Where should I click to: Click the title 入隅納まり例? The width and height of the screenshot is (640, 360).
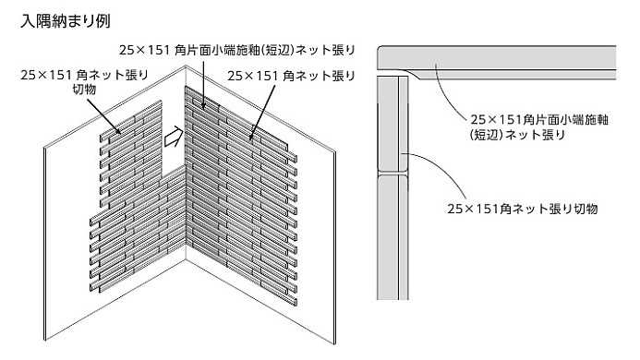[66, 21]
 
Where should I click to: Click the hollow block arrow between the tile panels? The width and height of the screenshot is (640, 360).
[174, 137]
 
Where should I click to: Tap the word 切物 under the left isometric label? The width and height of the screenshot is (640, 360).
[84, 89]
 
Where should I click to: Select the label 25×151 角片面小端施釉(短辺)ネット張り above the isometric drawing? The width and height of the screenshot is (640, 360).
[237, 50]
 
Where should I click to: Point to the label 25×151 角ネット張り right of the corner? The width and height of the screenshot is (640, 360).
[291, 76]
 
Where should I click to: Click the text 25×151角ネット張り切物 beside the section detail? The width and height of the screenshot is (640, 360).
[523, 209]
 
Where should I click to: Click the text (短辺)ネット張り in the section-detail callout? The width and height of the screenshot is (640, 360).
[517, 135]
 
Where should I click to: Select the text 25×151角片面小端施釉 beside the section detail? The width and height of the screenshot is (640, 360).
[539, 120]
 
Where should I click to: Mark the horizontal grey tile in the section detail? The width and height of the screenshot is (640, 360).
[496, 62]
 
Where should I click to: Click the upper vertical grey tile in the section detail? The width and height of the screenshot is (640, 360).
[392, 124]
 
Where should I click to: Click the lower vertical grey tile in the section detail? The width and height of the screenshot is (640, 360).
[392, 237]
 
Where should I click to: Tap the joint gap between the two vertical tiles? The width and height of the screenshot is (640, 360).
[392, 174]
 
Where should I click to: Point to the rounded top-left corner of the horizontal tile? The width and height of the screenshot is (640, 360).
[380, 48]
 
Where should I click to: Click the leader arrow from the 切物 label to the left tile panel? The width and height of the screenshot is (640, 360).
[103, 116]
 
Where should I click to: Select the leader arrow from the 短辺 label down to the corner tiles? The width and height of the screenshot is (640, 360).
[203, 84]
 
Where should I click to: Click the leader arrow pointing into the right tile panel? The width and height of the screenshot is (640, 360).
[262, 112]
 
